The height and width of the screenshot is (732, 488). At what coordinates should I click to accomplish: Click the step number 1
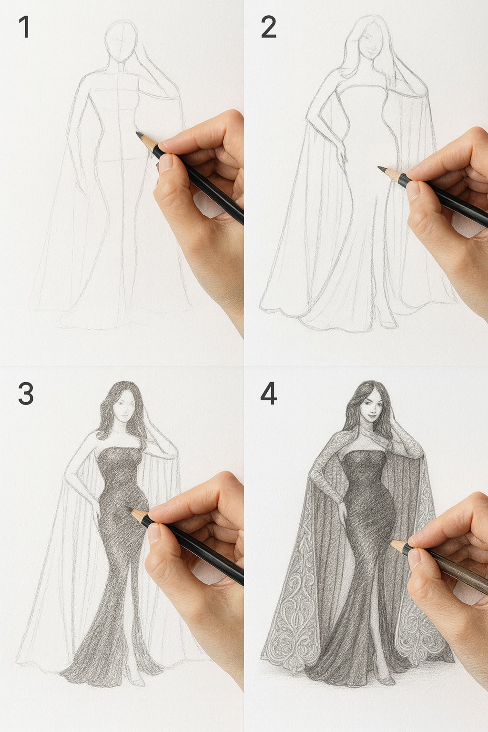click(24, 27)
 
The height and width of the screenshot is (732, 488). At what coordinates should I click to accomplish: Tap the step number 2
click(268, 27)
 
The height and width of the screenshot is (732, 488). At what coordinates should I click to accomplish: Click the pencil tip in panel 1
click(137, 133)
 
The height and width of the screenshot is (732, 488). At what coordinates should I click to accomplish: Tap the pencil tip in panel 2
click(380, 168)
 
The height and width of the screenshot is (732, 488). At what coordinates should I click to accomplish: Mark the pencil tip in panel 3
click(132, 512)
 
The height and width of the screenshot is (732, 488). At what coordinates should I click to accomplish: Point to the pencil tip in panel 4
click(391, 542)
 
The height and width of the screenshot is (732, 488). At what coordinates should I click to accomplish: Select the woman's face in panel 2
click(370, 43)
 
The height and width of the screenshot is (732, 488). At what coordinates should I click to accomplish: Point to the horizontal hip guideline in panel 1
click(122, 160)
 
